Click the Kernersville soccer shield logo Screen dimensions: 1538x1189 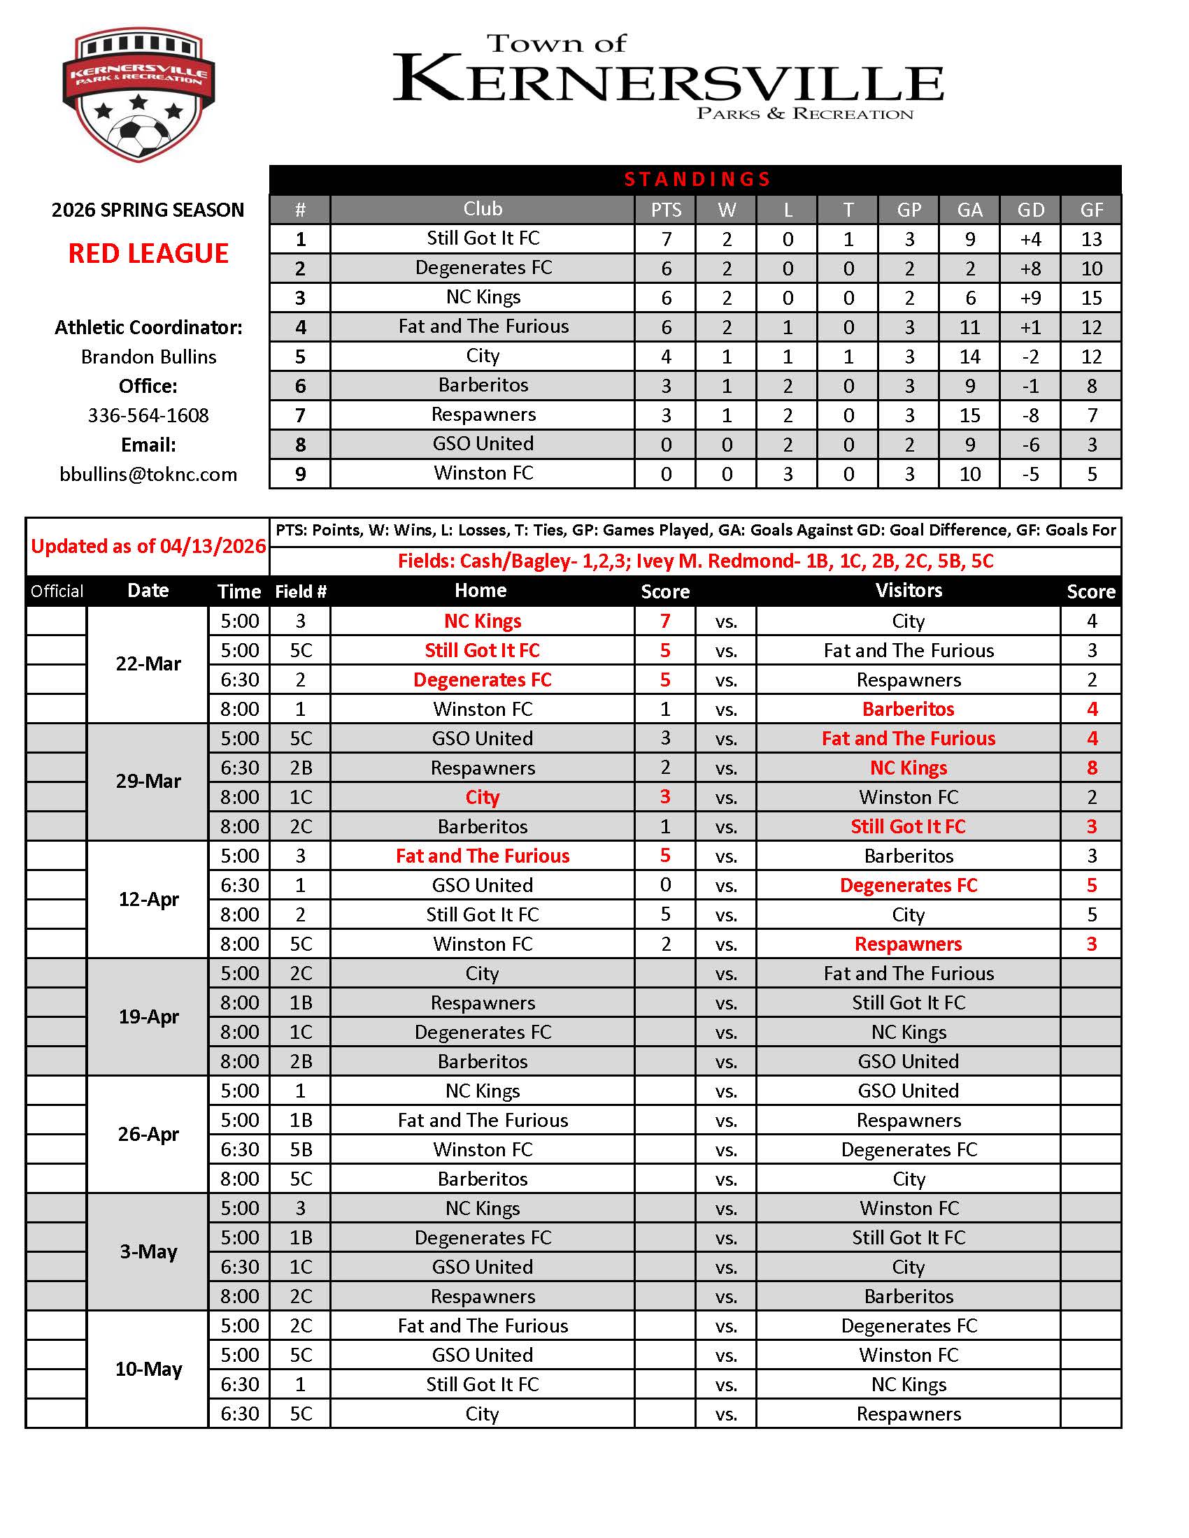138,94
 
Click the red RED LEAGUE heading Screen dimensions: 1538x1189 148,254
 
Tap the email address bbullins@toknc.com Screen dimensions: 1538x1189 148,474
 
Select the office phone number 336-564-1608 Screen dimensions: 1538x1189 148,415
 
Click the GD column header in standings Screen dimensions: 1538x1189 1030,210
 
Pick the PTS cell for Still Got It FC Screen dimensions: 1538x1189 666,239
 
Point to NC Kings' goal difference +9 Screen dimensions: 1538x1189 1030,298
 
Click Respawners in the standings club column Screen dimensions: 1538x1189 483,415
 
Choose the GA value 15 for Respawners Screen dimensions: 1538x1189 969,415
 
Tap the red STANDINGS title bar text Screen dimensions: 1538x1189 697,180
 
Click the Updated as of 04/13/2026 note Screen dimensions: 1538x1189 148,547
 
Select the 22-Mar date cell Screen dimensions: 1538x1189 148,664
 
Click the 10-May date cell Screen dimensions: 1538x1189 148,1369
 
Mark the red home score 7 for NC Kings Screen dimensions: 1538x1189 665,621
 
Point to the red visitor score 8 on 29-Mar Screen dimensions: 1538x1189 1091,768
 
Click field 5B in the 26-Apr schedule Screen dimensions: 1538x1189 300,1149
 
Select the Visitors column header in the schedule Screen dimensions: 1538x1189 908,591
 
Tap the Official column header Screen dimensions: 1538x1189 57,591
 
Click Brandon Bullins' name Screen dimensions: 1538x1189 148,357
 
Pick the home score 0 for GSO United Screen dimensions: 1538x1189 665,885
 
